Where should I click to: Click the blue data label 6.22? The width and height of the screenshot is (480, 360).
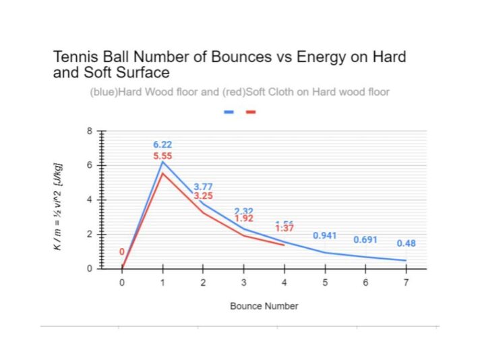pyautogui.click(x=162, y=144)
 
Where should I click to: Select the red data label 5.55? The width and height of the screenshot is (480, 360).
pyautogui.click(x=162, y=156)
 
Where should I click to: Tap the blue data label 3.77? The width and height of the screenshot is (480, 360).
pyautogui.click(x=204, y=187)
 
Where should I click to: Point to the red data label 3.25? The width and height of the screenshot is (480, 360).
pyautogui.click(x=204, y=196)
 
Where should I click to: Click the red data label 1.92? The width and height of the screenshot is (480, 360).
pyautogui.click(x=244, y=218)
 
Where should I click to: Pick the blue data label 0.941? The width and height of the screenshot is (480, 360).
pyautogui.click(x=325, y=236)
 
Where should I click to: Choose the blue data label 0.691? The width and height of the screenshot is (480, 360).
pyautogui.click(x=365, y=240)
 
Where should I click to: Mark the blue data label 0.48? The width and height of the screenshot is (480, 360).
pyautogui.click(x=406, y=243)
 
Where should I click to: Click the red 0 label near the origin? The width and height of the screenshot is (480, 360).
pyautogui.click(x=122, y=252)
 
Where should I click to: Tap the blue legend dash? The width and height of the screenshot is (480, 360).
pyautogui.click(x=229, y=111)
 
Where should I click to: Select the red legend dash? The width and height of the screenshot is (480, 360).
pyautogui.click(x=251, y=111)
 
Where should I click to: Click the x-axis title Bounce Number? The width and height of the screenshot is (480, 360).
pyautogui.click(x=264, y=306)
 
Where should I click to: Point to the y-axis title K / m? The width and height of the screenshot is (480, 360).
pyautogui.click(x=59, y=207)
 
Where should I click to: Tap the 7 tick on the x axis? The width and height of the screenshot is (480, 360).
pyautogui.click(x=406, y=282)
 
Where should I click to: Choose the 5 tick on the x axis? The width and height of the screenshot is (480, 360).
pyautogui.click(x=325, y=282)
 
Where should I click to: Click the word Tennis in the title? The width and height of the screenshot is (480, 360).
pyautogui.click(x=75, y=57)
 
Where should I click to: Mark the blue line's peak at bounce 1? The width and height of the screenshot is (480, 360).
pyautogui.click(x=162, y=162)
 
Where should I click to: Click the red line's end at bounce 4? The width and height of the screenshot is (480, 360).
pyautogui.click(x=284, y=245)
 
